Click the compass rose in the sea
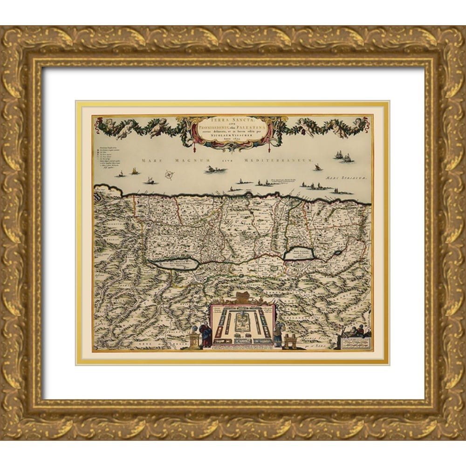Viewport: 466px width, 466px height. click(170, 175)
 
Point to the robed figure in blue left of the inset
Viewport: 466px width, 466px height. click(205, 334)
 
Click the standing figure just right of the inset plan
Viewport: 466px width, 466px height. click(278, 334)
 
